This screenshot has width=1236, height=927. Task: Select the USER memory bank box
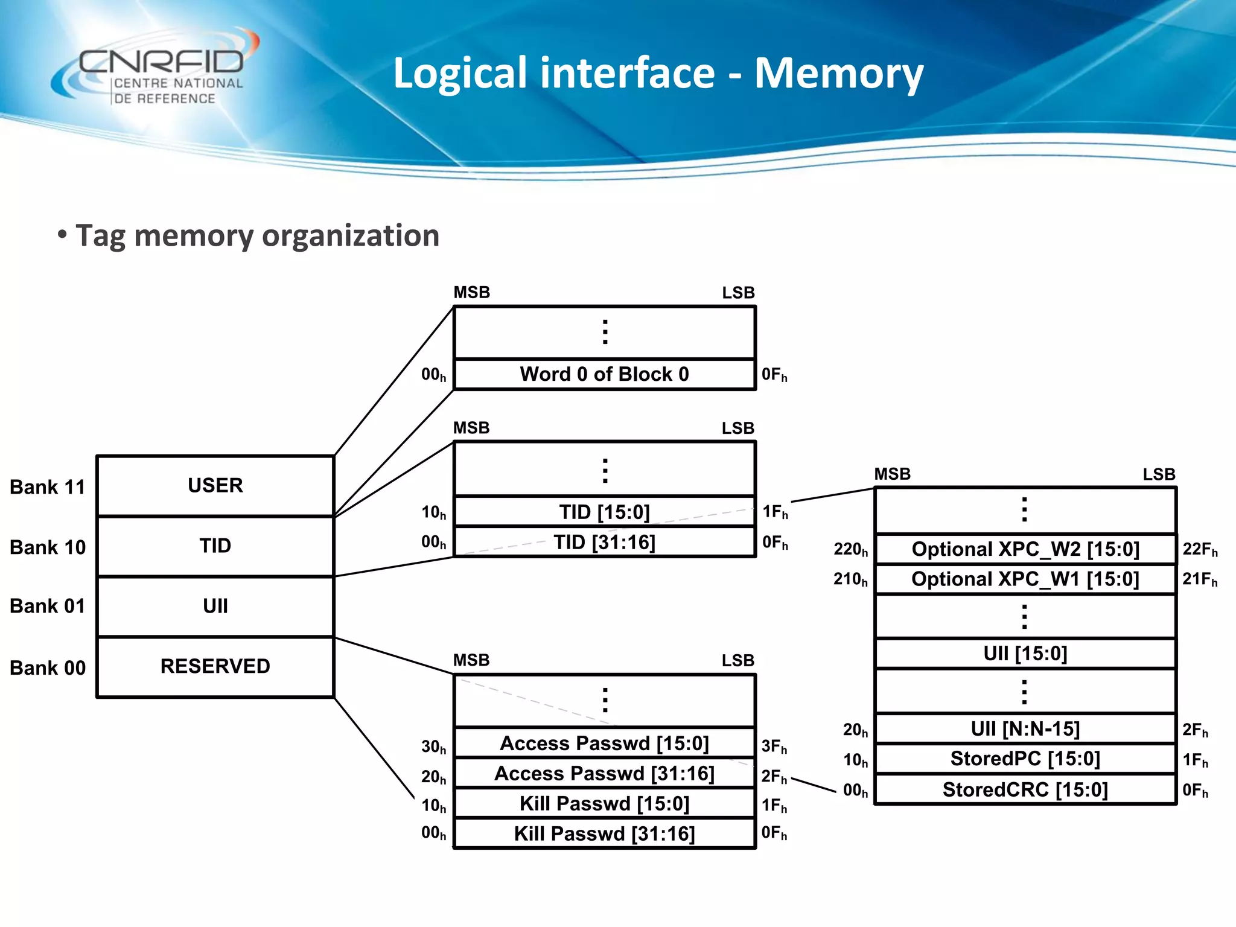tap(215, 486)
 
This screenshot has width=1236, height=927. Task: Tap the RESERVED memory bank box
tap(215, 667)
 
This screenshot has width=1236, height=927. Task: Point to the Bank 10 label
tap(48, 547)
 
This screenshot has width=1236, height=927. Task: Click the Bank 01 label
tap(48, 606)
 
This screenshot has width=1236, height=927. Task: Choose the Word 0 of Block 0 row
tap(604, 374)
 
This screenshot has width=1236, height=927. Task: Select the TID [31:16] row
tap(604, 542)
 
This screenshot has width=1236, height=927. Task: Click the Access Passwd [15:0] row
tap(604, 743)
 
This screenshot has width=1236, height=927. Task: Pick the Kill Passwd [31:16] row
tap(604, 833)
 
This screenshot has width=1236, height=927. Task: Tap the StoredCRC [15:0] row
tap(1025, 789)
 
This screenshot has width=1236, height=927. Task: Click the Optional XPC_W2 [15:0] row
tap(1025, 549)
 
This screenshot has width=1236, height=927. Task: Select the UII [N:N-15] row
tap(1025, 728)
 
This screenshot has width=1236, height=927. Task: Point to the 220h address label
tap(850, 549)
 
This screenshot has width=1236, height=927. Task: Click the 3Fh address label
tap(774, 747)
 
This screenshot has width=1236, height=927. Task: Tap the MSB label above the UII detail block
tap(892, 474)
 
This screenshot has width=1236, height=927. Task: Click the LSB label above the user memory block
tap(738, 293)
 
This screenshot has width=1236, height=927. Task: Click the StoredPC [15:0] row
tap(1025, 759)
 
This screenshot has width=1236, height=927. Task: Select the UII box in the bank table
tap(215, 607)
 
